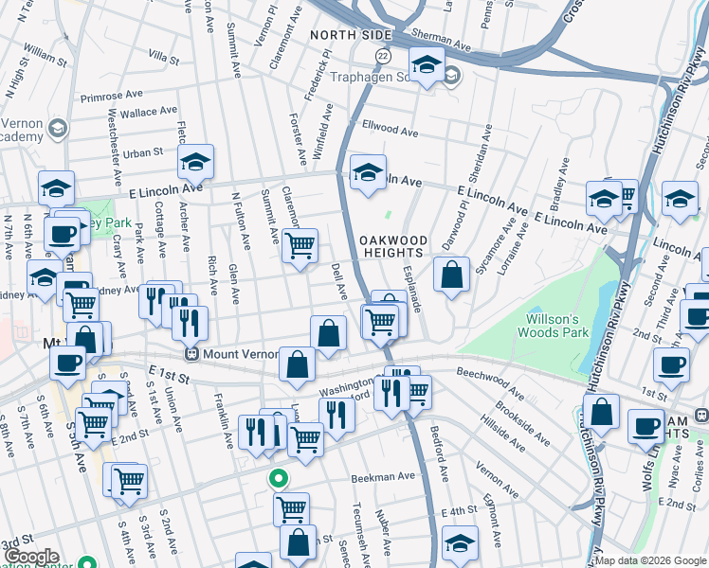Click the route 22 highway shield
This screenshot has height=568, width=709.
[x=383, y=57]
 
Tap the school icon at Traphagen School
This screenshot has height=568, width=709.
[x=427, y=66]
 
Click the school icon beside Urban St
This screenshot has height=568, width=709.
[x=195, y=163]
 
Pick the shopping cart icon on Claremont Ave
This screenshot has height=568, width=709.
[x=300, y=246]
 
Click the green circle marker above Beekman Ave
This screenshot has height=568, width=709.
[x=278, y=479]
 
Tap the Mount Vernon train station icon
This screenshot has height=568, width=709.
[x=191, y=355]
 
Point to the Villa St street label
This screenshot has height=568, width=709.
[x=157, y=59]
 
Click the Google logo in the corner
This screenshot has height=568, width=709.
[x=31, y=558]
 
